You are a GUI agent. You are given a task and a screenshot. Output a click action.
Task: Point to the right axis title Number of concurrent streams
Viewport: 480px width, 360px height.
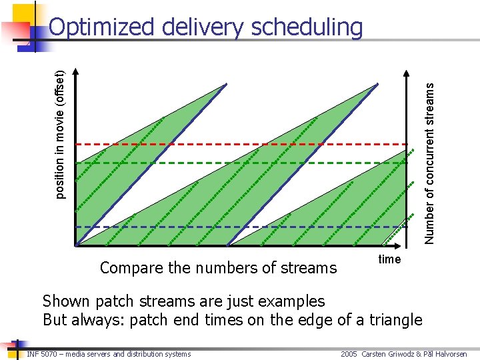430,162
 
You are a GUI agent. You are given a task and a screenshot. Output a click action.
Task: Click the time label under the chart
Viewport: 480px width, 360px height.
389,259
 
